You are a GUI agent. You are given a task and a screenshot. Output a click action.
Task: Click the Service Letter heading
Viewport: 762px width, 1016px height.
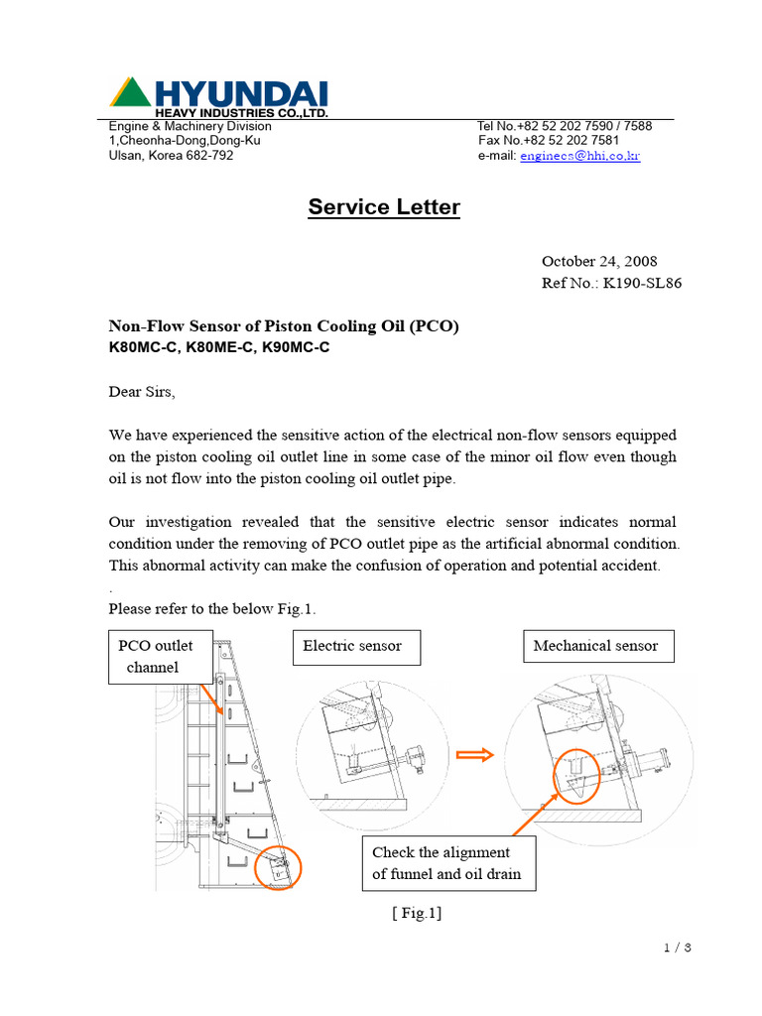(384, 207)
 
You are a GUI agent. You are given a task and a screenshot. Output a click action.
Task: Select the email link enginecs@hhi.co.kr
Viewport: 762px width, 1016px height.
(579, 157)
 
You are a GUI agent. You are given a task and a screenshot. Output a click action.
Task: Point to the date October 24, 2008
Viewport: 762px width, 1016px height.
(598, 262)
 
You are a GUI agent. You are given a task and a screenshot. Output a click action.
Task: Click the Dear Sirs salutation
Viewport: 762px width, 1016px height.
(141, 392)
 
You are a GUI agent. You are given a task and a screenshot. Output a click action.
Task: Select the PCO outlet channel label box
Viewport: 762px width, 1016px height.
(156, 656)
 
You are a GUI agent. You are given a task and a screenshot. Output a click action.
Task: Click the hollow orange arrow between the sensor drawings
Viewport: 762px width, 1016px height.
(474, 757)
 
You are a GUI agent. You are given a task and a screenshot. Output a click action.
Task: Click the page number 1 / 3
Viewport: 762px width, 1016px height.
(677, 948)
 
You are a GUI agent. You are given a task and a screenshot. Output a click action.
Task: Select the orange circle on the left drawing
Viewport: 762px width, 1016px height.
(277, 868)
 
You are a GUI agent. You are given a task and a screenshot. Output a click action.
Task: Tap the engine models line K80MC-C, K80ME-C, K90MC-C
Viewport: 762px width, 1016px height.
(218, 348)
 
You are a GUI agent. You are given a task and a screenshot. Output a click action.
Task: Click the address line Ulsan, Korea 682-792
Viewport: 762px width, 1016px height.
(171, 156)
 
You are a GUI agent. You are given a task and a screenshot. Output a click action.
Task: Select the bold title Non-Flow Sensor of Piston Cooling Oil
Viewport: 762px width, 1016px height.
(284, 326)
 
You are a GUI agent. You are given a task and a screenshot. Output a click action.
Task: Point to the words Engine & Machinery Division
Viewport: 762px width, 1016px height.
(190, 126)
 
